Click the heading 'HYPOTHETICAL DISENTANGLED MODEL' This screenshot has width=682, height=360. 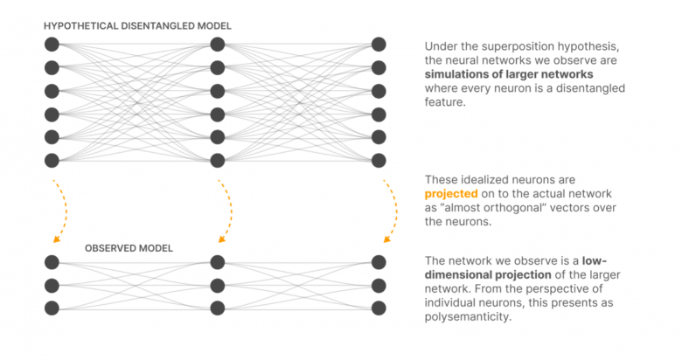137,26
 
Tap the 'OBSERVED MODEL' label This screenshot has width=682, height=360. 129,248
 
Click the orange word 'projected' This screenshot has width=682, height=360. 451,194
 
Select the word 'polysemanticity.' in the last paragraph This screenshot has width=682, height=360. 468,317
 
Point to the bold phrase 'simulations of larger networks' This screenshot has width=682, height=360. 509,74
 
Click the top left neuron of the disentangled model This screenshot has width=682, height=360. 52,45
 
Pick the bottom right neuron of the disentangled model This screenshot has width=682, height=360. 379,161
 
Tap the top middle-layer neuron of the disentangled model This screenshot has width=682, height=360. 218,45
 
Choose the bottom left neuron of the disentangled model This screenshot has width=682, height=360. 52,161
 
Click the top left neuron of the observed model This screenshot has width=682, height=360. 52,262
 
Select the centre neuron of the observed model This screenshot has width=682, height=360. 218,286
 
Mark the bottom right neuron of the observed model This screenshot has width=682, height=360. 379,308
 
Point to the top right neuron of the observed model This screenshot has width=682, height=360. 379,262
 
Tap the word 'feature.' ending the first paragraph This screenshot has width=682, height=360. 445,102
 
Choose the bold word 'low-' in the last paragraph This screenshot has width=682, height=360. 595,261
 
